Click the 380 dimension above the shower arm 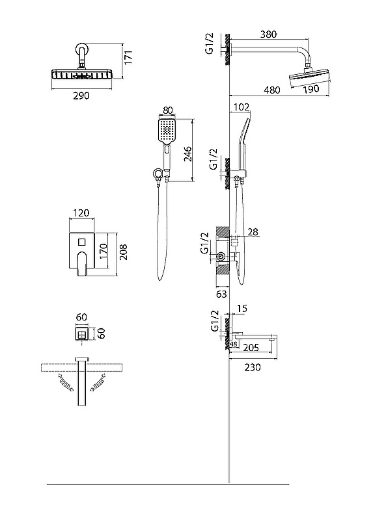click(268, 34)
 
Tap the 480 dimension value click(271, 90)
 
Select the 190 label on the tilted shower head click(311, 89)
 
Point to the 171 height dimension click(128, 57)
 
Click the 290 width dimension click(81, 96)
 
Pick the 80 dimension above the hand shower click(168, 109)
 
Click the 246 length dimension click(187, 153)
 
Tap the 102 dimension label click(241, 107)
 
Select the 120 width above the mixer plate click(81, 213)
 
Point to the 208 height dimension click(123, 252)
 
